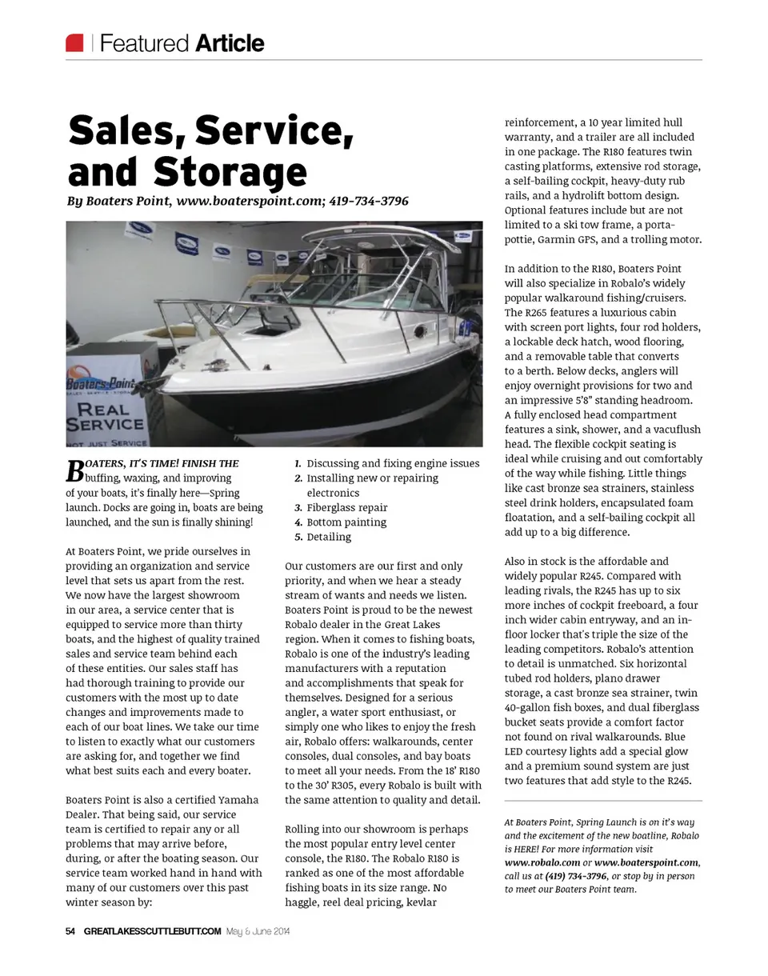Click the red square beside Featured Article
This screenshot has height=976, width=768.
click(x=74, y=42)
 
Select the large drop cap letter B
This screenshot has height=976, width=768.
click(x=74, y=470)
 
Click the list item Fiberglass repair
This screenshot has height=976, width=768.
click(x=347, y=507)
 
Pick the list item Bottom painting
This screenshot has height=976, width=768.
click(x=346, y=522)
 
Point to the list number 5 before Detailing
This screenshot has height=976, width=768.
click(x=298, y=537)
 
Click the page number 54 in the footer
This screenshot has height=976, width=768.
click(x=70, y=931)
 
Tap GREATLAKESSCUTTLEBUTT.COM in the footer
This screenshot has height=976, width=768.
click(x=153, y=931)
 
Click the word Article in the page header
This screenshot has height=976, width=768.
click(x=229, y=43)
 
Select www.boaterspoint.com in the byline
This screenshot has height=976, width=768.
click(x=249, y=200)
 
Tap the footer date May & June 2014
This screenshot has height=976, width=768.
click(x=259, y=931)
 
